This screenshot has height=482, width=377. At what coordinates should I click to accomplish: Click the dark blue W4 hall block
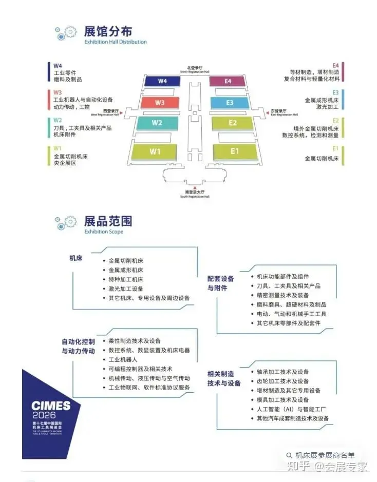[x=162, y=81]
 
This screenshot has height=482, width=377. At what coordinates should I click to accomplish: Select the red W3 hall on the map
[x=159, y=103]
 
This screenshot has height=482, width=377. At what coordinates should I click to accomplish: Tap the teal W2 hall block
[x=157, y=123]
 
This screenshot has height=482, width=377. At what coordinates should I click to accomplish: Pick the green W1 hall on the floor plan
[x=155, y=151]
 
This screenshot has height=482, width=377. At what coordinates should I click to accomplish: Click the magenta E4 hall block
[x=228, y=81]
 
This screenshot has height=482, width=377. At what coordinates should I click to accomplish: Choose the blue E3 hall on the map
[x=230, y=103]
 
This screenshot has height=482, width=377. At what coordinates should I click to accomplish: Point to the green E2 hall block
[x=232, y=123]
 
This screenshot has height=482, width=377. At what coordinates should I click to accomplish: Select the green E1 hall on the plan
[x=235, y=151]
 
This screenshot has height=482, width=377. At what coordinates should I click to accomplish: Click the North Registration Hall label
[x=195, y=69]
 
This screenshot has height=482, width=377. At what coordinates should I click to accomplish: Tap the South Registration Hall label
[x=195, y=194]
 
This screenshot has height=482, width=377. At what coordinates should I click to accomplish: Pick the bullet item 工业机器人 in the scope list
[x=123, y=359]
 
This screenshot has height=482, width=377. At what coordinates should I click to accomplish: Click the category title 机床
[x=76, y=258]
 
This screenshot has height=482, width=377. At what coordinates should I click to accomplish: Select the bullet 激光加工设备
[x=126, y=288]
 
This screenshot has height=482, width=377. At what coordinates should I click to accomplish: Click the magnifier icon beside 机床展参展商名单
[x=290, y=455]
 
